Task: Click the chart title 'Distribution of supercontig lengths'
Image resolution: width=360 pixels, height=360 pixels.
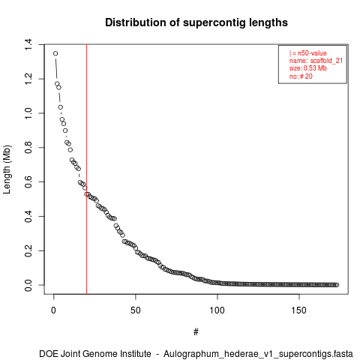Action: [x=196, y=22]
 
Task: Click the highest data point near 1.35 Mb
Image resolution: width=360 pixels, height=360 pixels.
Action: [x=55, y=53]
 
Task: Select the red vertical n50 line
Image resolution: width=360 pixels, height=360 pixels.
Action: [x=86, y=169]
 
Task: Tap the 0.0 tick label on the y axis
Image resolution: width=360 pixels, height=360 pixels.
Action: [x=28, y=285]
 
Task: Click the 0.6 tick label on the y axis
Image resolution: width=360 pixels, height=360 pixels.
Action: [x=28, y=182]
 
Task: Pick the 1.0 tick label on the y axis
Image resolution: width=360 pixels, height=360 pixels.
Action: [x=28, y=113]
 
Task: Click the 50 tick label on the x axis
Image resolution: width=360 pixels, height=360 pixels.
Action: [x=136, y=310]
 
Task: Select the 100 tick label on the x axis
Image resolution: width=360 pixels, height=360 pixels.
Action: [x=217, y=310]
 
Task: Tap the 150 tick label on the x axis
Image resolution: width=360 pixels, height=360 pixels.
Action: [x=299, y=310]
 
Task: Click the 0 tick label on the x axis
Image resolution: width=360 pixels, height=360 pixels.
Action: [x=53, y=310]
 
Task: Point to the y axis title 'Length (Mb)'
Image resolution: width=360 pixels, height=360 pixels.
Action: [x=7, y=169]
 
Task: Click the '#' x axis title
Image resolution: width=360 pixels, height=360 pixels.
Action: [x=196, y=332]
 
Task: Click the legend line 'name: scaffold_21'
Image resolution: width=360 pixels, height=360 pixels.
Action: [x=316, y=61]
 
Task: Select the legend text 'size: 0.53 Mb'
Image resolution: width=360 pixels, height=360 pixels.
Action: [x=308, y=68]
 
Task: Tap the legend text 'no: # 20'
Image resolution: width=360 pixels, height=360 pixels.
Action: [x=301, y=76]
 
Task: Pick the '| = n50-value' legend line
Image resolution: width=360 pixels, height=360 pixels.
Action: [x=308, y=53]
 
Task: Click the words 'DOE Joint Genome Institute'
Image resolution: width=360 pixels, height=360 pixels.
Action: [x=95, y=354]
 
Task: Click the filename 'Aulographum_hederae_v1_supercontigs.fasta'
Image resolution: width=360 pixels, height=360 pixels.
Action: [x=258, y=354]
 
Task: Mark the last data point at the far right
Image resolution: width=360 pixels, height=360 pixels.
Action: [x=337, y=285]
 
